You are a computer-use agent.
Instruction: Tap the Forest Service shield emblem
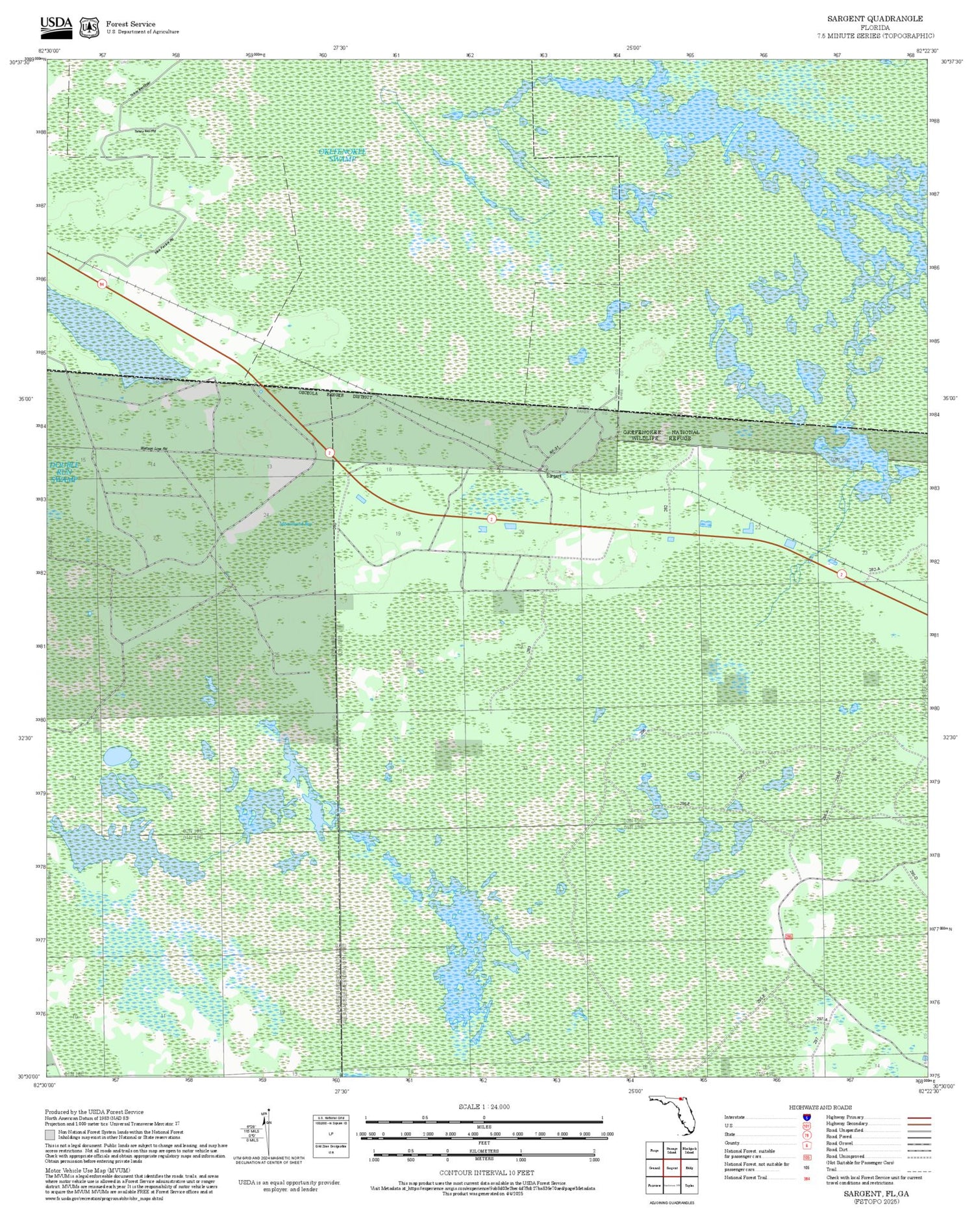(x=88, y=27)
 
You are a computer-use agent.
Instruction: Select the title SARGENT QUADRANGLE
(x=875, y=19)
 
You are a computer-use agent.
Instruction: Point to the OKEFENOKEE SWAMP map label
(x=342, y=155)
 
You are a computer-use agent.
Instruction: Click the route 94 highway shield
(x=102, y=284)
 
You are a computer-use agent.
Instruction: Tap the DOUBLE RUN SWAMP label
(x=64, y=472)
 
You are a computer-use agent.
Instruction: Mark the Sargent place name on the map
(x=553, y=476)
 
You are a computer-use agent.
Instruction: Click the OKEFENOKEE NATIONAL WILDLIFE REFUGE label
(x=661, y=435)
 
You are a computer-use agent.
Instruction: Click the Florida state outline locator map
(x=673, y=1114)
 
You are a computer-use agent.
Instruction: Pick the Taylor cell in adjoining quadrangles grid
(x=690, y=1185)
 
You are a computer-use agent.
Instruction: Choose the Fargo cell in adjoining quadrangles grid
(x=655, y=1151)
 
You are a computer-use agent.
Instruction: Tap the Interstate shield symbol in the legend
(x=806, y=1117)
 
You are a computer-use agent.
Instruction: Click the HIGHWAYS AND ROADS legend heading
(x=820, y=1107)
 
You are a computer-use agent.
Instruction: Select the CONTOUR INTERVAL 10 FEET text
(x=486, y=1173)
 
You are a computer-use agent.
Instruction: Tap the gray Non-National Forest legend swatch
(x=50, y=1135)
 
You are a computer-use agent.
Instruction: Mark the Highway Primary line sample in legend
(x=916, y=1118)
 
